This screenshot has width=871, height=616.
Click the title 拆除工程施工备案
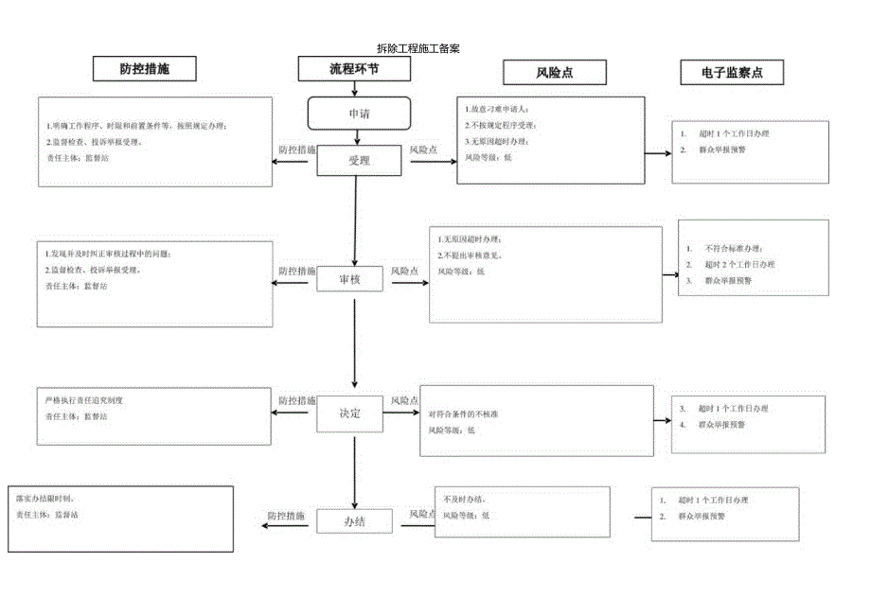(418, 48)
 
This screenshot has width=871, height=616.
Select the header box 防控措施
(145, 69)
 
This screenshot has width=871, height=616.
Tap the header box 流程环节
(354, 69)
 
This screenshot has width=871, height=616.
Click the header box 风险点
(554, 73)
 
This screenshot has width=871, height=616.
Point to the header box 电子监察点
(732, 73)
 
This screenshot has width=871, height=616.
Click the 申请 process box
(359, 114)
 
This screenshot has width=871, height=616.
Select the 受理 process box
(359, 161)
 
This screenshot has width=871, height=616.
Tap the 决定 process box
(351, 414)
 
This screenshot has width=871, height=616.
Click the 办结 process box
(354, 521)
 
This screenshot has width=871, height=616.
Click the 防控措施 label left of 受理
(297, 150)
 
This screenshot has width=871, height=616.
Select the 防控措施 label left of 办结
(285, 516)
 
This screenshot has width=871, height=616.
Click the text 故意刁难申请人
(496, 109)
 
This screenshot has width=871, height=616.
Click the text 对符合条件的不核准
(464, 414)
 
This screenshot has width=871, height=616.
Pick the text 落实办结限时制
(45, 498)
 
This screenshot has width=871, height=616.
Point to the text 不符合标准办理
(734, 248)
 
